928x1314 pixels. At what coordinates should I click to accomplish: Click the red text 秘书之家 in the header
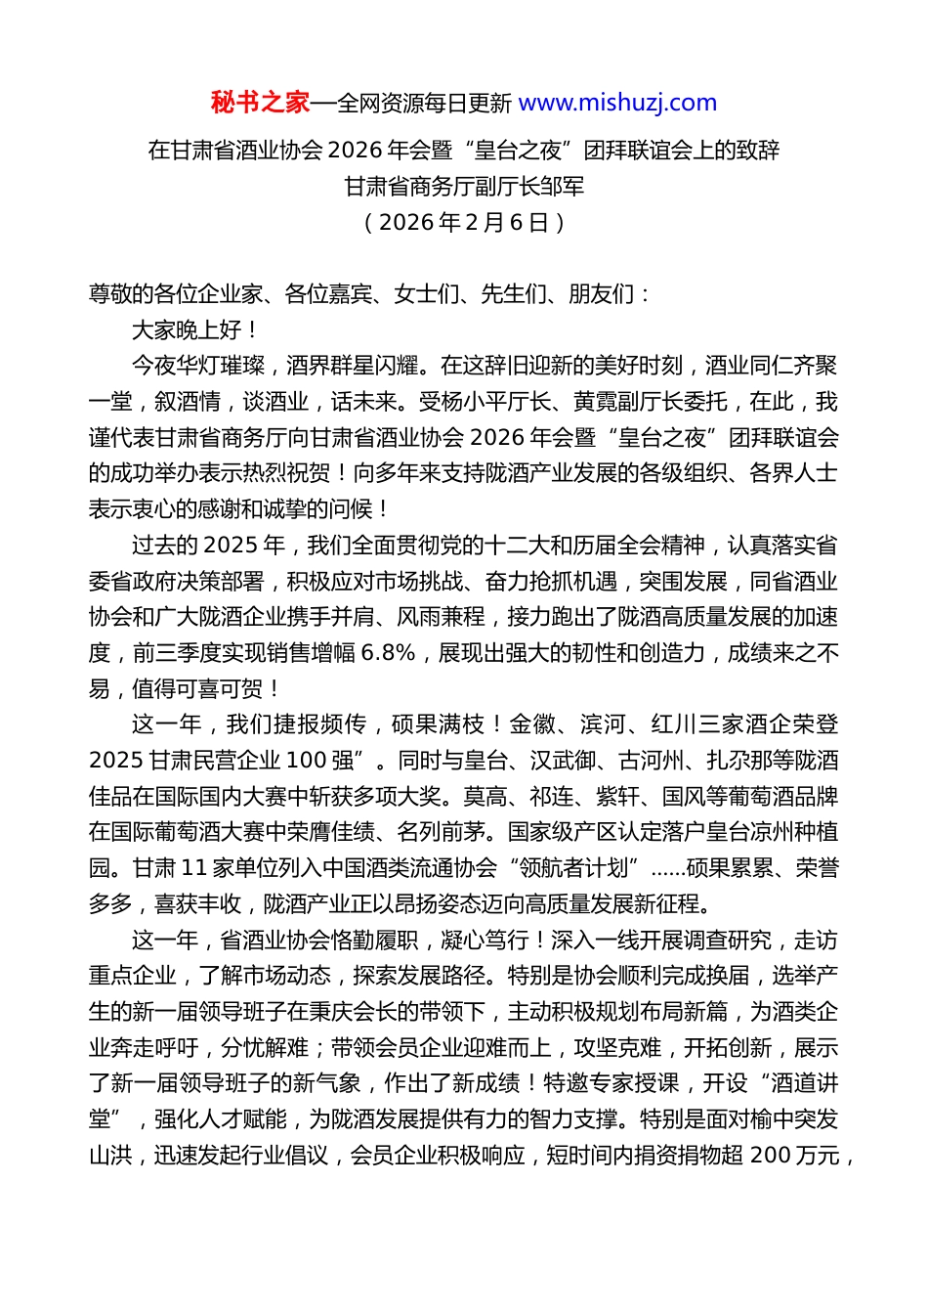pos(260,103)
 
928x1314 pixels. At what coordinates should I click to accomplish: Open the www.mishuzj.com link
pos(617,103)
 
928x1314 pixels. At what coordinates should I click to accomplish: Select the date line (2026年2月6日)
pos(464,222)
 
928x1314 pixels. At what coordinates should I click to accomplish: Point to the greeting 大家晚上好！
pos(195,329)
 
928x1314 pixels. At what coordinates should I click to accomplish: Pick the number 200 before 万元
pos(770,1156)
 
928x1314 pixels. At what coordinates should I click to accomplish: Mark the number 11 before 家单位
pos(193,868)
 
